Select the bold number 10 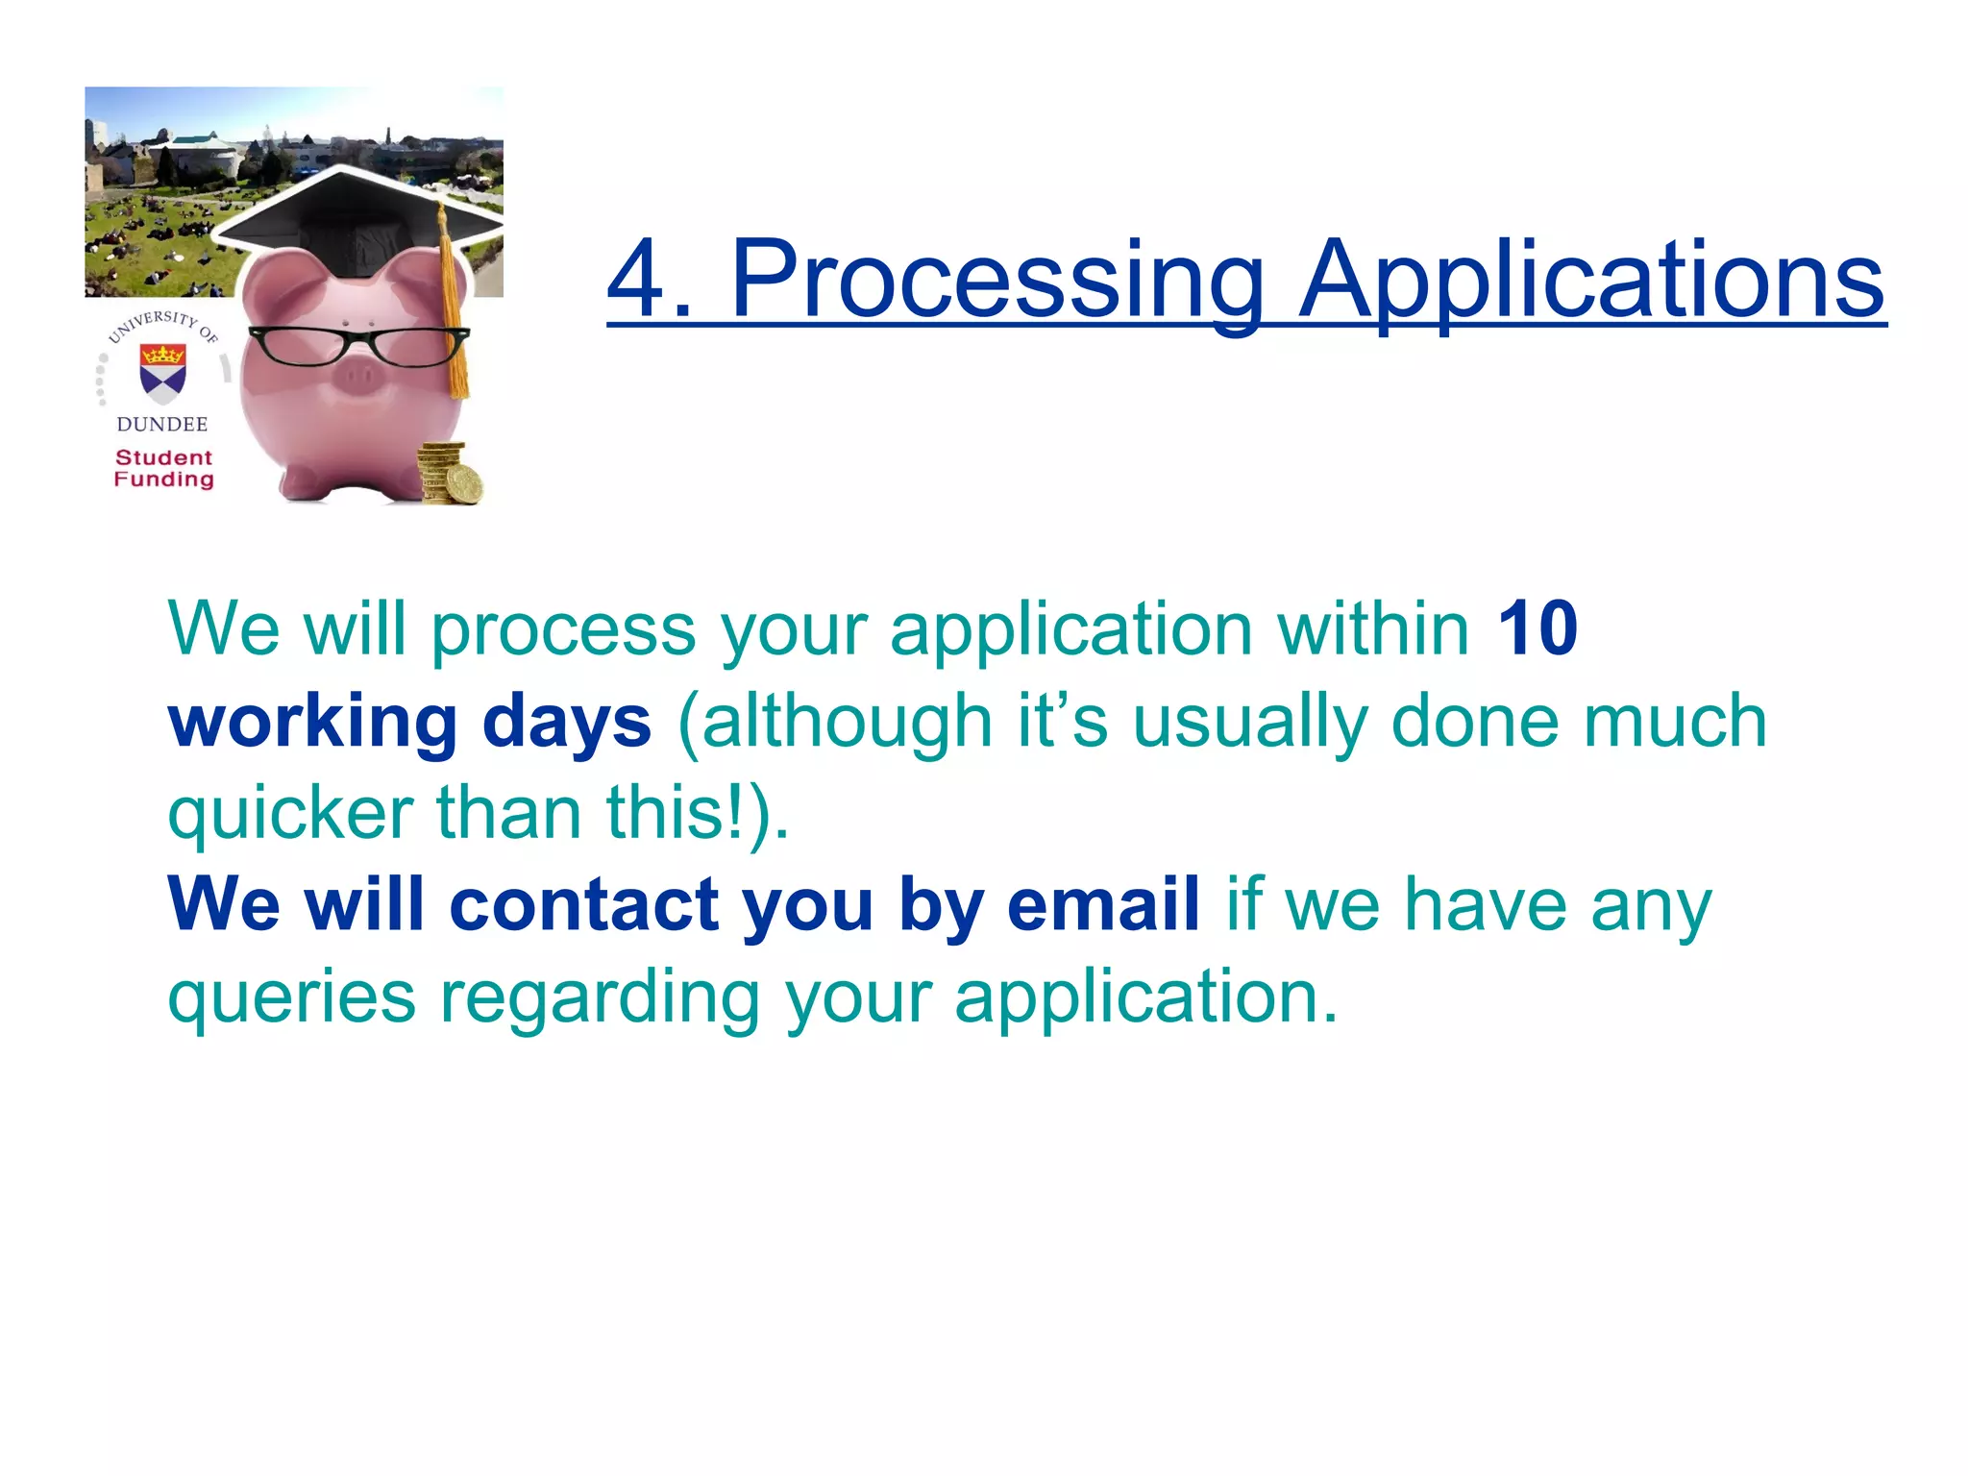(1537, 629)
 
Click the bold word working (312, 723)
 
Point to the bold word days (567, 723)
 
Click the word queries (292, 999)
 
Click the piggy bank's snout (357, 377)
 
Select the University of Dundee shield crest (162, 373)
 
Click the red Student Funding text (163, 469)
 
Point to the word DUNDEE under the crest (161, 424)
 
